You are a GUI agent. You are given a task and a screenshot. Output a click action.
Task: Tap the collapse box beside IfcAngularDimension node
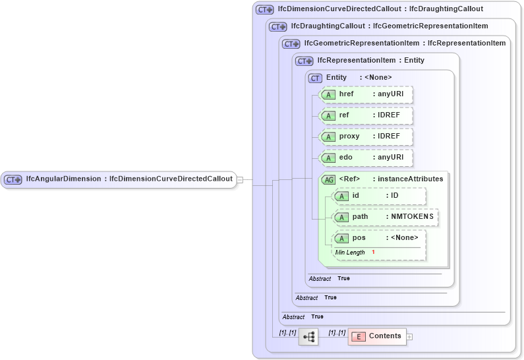240,179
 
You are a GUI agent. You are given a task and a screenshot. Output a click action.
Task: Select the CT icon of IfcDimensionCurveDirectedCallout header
265,10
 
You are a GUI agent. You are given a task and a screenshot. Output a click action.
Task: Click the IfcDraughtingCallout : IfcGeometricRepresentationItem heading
389,26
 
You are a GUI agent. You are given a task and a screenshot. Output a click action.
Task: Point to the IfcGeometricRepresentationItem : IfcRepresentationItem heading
405,44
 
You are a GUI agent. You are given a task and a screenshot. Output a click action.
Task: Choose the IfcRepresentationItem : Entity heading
370,61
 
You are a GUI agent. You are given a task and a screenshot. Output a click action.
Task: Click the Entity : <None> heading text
359,78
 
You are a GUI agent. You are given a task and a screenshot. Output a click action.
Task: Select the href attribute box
366,94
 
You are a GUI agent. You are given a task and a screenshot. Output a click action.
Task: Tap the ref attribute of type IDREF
366,115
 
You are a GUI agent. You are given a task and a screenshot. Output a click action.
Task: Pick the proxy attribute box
366,136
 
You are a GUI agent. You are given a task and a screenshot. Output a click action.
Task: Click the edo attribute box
366,158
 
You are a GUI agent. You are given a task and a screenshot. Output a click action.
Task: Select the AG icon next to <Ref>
328,179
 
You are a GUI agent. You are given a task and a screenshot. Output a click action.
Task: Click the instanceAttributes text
410,179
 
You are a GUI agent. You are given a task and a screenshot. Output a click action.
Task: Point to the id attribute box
380,196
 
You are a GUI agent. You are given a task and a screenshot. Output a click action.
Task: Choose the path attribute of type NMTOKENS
386,217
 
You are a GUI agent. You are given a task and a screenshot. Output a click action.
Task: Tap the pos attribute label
359,238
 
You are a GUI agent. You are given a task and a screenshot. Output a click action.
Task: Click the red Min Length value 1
373,253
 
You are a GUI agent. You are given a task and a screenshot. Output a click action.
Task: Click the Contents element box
377,336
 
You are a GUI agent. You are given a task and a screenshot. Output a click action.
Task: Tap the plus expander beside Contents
409,336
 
